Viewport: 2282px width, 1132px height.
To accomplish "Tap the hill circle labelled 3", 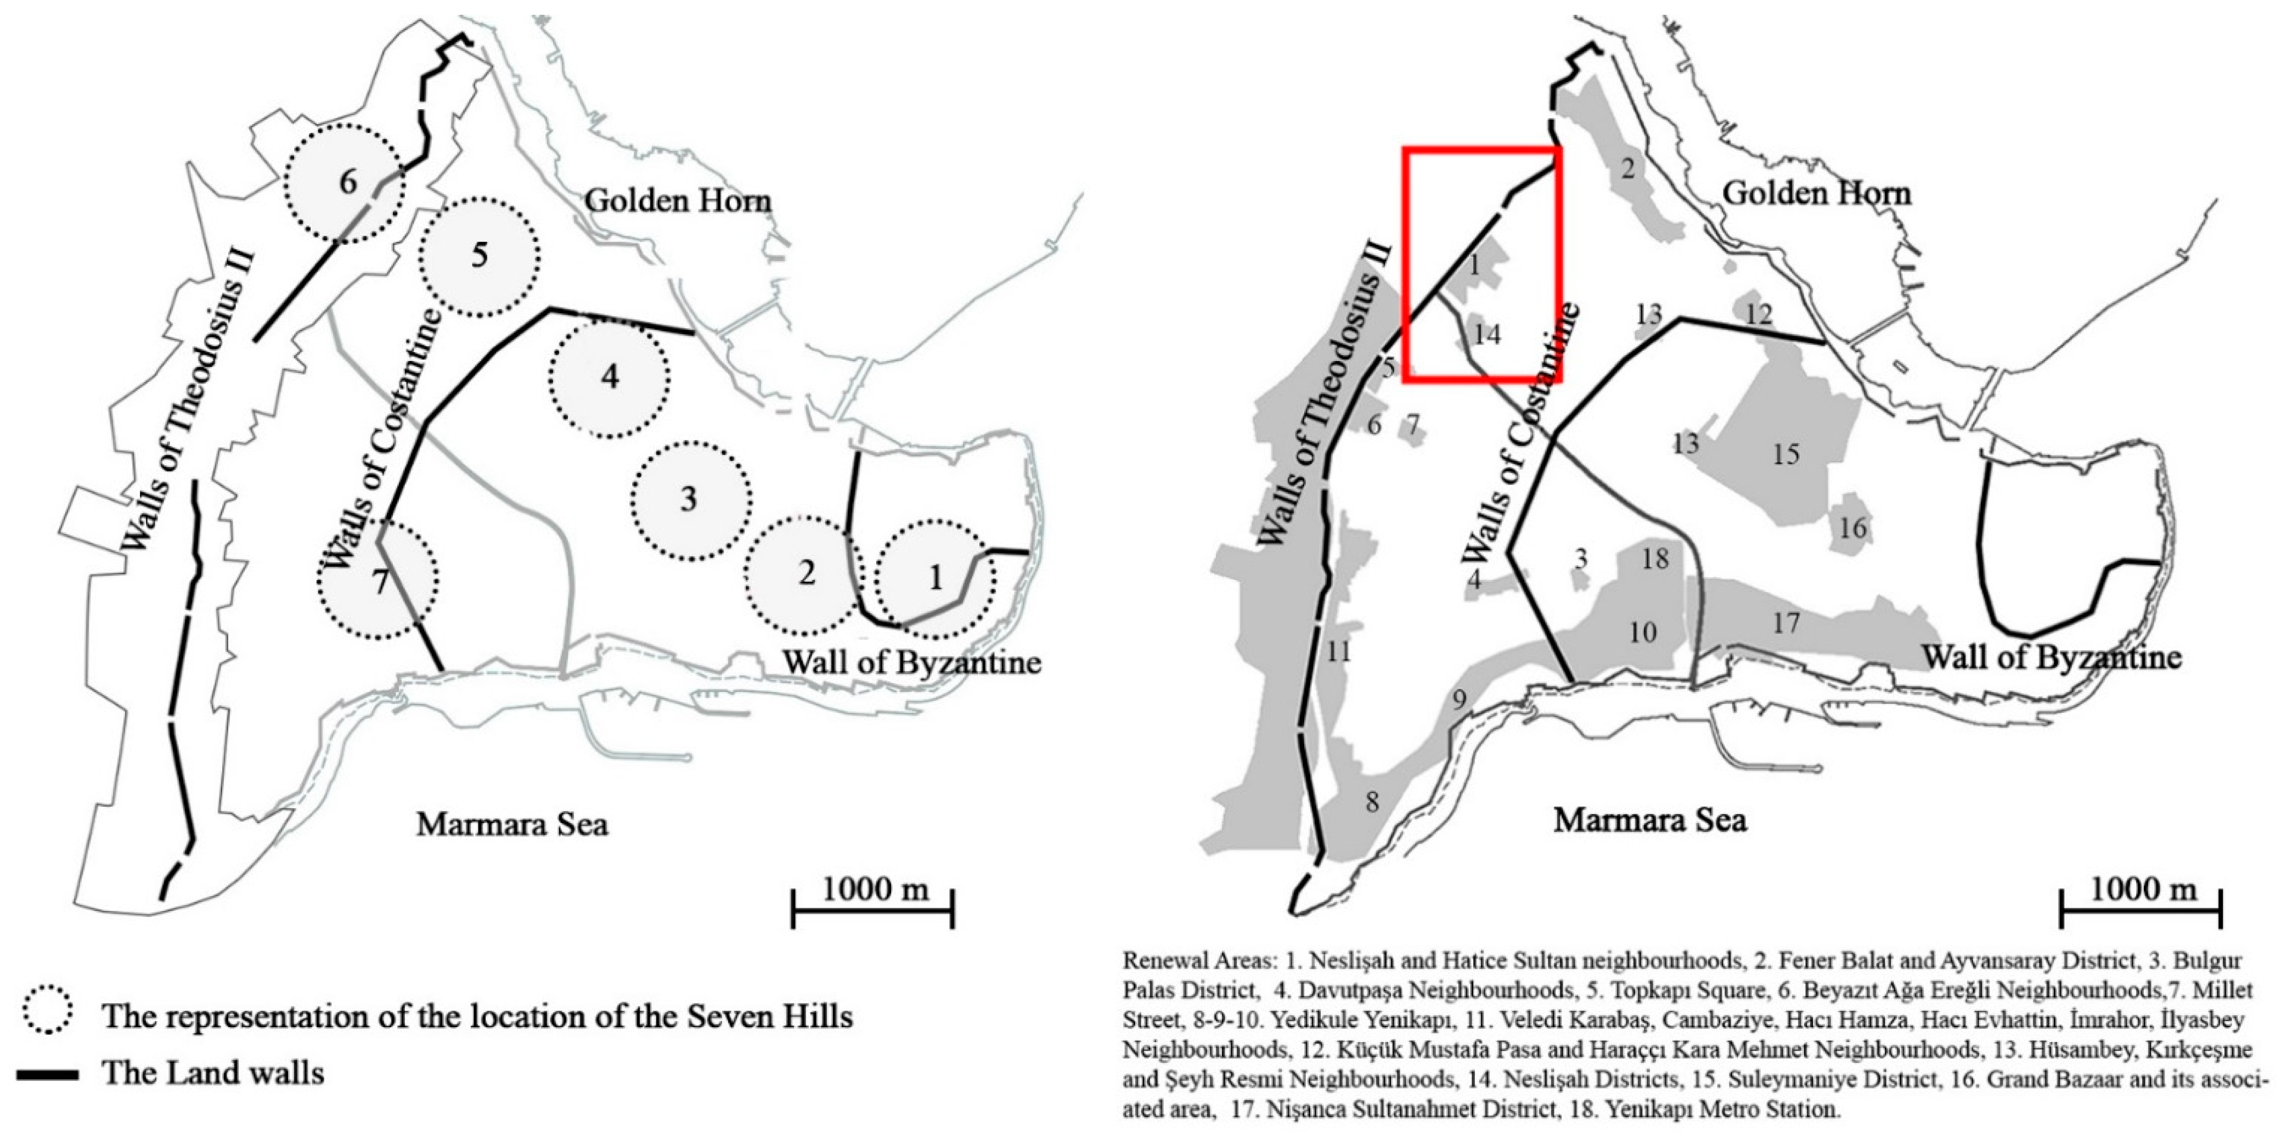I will point(691,499).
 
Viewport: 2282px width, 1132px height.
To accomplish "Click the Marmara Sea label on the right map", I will point(1649,820).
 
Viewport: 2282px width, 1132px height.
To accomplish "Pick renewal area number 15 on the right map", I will point(1785,453).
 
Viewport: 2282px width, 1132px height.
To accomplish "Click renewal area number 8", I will point(1371,803).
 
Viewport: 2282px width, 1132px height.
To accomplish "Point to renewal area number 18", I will point(1655,559).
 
